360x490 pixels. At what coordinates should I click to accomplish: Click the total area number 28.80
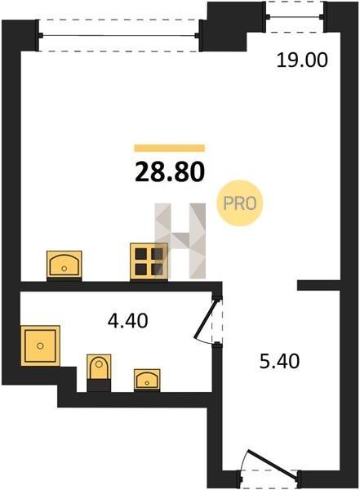pyautogui.click(x=170, y=172)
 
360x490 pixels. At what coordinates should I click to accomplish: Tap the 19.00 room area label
pyautogui.click(x=302, y=60)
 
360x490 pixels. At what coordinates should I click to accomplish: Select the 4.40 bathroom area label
pyautogui.click(x=127, y=321)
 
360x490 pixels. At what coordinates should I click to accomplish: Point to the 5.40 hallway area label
pyautogui.click(x=280, y=361)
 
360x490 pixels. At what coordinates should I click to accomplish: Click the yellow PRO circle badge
pyautogui.click(x=240, y=203)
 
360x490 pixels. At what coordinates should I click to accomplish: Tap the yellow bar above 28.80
pyautogui.click(x=169, y=148)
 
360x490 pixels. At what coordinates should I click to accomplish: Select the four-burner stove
pyautogui.click(x=149, y=261)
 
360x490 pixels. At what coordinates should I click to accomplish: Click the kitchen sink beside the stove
pyautogui.click(x=64, y=265)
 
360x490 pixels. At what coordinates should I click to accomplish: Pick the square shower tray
pyautogui.click(x=40, y=345)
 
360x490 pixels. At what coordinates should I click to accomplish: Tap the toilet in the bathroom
pyautogui.click(x=99, y=372)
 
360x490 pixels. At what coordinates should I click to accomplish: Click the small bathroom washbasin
pyautogui.click(x=147, y=380)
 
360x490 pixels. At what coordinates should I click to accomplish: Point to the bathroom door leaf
pyautogui.click(x=206, y=318)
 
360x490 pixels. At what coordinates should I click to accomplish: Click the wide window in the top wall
pyautogui.click(x=118, y=36)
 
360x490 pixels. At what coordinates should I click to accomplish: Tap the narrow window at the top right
pyautogui.click(x=295, y=16)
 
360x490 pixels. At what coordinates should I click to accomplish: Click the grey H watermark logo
pyautogui.click(x=180, y=241)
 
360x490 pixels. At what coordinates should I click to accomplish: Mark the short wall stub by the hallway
pyautogui.click(x=318, y=286)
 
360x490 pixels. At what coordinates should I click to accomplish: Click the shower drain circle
pyautogui.click(x=40, y=345)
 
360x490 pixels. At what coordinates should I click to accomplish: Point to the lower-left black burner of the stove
pyautogui.click(x=141, y=269)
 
